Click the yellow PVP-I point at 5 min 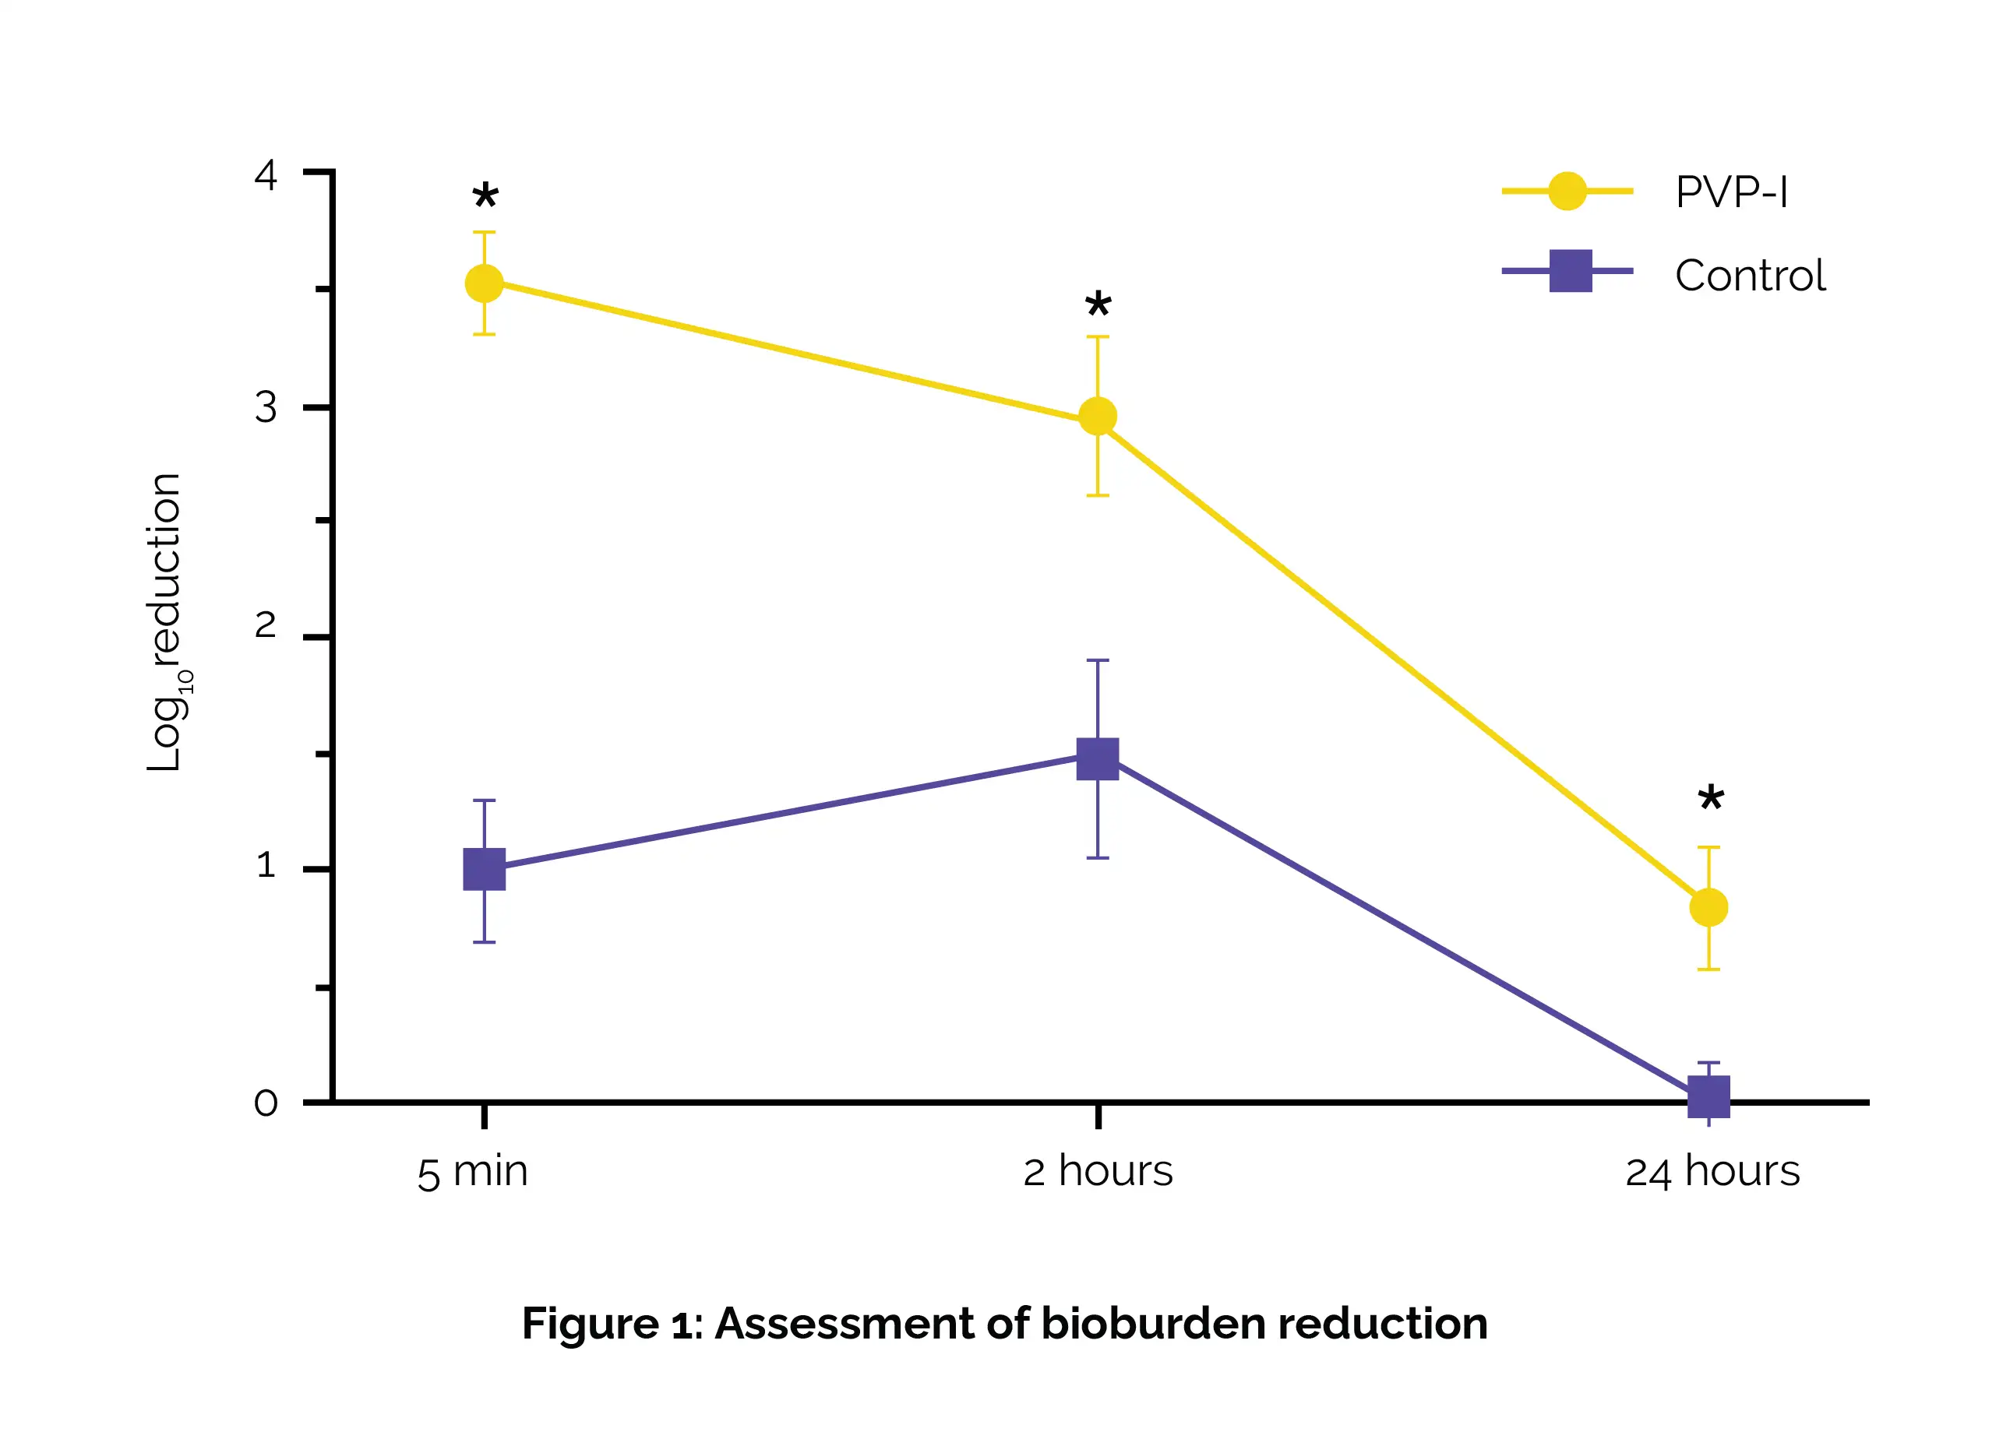[484, 283]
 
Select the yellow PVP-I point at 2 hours [1097, 417]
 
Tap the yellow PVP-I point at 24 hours [1708, 907]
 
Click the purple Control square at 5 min [484, 869]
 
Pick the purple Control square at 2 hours [1097, 758]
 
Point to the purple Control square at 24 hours [1708, 1097]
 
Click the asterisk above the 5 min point [485, 195]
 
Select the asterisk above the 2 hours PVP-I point [1098, 306]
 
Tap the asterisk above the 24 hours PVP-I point [1711, 799]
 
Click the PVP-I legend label [1731, 192]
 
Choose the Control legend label [1750, 276]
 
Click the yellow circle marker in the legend [1567, 192]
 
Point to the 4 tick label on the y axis [266, 174]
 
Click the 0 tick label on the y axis [266, 1103]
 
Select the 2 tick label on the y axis [266, 625]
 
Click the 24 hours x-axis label [1712, 1172]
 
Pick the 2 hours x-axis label [1098, 1172]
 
